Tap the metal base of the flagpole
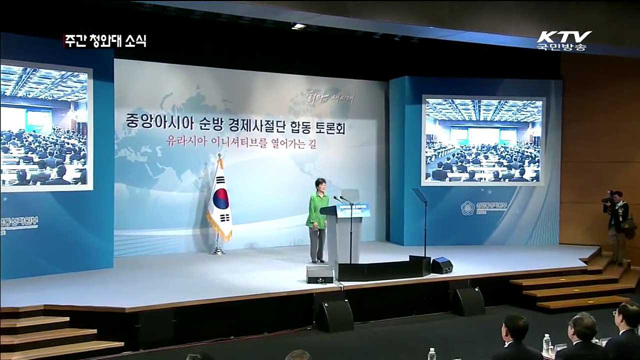tap(218, 251)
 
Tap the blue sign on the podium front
tap(351, 210)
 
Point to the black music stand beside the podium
tap(421, 225)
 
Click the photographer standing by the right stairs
tap(617, 225)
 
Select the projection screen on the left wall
tap(46, 126)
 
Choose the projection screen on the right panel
tap(483, 141)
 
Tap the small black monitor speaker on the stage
tap(441, 265)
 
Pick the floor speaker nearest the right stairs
tap(467, 301)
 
